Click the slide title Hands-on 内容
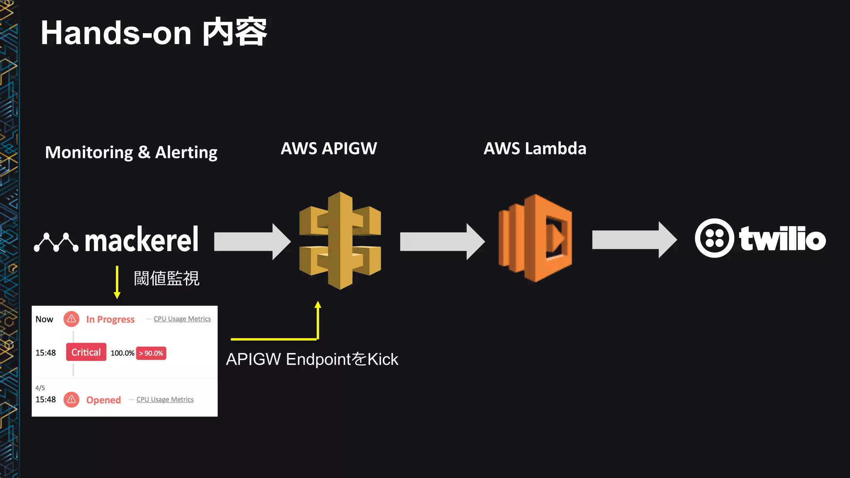(x=154, y=33)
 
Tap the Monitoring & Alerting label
(x=131, y=152)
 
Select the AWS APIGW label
(x=329, y=149)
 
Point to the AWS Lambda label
(x=535, y=149)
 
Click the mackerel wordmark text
(x=142, y=240)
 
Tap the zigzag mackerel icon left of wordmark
(x=56, y=242)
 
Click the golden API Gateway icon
(x=340, y=241)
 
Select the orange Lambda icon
(x=535, y=239)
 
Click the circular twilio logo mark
(x=714, y=238)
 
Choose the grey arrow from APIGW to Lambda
(x=442, y=241)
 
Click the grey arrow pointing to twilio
(x=634, y=240)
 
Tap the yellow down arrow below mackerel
(x=117, y=282)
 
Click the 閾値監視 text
(x=166, y=278)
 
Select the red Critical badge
(x=86, y=352)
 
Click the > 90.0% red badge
(x=151, y=353)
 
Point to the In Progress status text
(x=110, y=319)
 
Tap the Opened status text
(x=103, y=400)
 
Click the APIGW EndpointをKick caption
(x=312, y=359)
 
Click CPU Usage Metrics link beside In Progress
(x=182, y=319)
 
